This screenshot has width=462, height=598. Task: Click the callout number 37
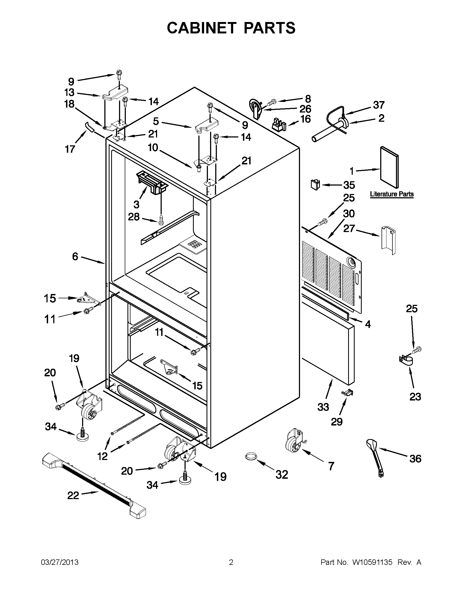point(379,105)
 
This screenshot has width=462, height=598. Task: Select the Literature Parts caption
point(392,194)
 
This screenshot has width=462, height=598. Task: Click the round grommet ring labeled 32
point(251,456)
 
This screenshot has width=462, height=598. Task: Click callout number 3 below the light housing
point(136,204)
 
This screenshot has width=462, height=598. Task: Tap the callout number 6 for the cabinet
point(75,256)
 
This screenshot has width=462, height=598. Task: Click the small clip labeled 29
point(347,393)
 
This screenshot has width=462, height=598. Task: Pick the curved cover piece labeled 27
point(388,240)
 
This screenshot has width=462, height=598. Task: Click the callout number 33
point(323,407)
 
